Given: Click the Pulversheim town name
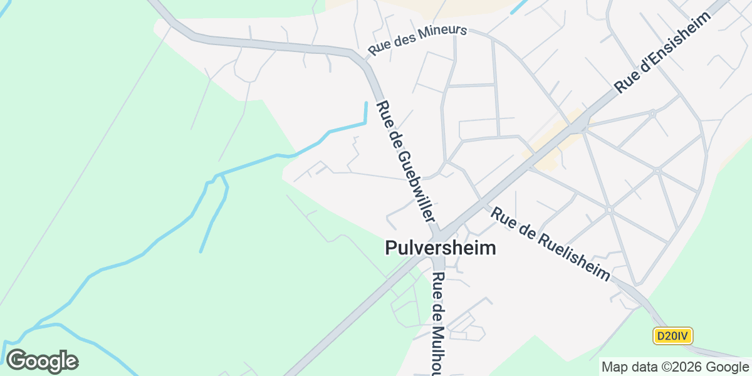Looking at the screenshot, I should [x=441, y=248].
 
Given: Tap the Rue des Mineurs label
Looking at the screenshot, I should [x=418, y=39].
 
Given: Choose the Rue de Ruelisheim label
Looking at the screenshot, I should [x=550, y=244].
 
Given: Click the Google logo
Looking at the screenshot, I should [x=42, y=361].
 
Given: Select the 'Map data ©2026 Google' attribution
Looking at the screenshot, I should [x=674, y=367].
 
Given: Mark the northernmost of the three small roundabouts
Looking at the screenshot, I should [x=652, y=114].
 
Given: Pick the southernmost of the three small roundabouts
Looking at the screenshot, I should [x=608, y=209].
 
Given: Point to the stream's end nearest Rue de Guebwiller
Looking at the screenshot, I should [x=365, y=103].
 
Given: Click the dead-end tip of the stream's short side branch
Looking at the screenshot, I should [x=201, y=252].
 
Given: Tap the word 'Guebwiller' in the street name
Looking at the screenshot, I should [x=414, y=179].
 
